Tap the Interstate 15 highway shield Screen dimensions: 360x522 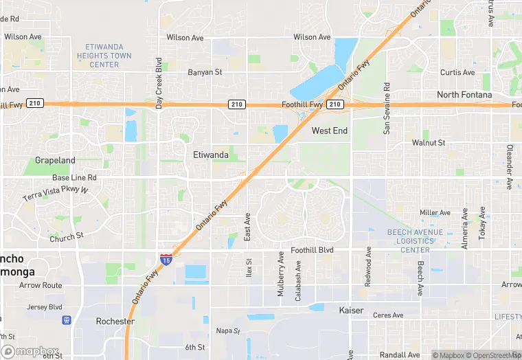166,259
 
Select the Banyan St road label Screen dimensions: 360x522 205,71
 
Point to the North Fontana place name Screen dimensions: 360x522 464,95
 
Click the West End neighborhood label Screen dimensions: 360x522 330,131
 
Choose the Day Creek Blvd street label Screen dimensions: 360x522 159,83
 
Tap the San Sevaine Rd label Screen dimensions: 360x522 387,109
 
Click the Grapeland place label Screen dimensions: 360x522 55,161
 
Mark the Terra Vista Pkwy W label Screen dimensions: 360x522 56,193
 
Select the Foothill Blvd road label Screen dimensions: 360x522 312,251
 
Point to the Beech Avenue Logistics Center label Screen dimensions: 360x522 415,241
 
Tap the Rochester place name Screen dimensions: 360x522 115,321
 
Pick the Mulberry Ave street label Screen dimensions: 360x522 280,274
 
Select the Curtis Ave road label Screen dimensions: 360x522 457,72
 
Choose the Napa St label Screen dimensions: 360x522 228,330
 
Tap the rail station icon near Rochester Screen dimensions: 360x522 67,319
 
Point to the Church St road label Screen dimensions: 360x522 66,238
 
